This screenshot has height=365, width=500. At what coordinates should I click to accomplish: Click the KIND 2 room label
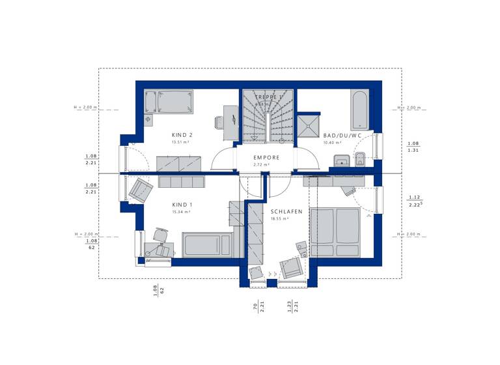[x=182, y=135]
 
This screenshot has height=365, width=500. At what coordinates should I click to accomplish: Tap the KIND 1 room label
[x=182, y=205]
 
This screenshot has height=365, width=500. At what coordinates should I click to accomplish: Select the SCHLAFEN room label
[x=286, y=212]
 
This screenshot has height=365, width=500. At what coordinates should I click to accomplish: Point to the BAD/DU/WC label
[x=342, y=136]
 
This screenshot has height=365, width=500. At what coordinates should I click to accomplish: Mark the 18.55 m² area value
[x=279, y=219]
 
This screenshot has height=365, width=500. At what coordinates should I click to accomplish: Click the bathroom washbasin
[x=339, y=160]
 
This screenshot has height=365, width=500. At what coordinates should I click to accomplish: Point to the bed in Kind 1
[x=207, y=245]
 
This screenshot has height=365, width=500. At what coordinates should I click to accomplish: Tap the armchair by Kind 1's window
[x=141, y=190]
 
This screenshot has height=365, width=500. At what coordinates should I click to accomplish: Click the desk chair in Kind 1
[x=160, y=234]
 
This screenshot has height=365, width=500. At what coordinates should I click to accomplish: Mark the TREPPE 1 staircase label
[x=269, y=97]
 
